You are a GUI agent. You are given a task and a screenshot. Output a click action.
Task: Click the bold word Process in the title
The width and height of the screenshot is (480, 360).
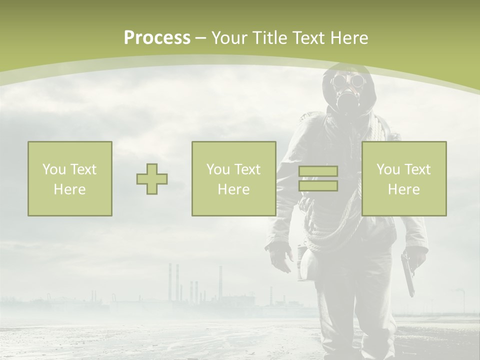click(x=157, y=38)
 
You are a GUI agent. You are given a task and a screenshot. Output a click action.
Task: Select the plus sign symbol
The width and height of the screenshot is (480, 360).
click(x=152, y=179)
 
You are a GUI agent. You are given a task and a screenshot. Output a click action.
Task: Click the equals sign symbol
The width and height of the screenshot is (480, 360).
click(x=318, y=178)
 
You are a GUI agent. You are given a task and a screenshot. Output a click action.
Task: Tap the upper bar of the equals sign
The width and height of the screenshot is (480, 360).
click(x=318, y=171)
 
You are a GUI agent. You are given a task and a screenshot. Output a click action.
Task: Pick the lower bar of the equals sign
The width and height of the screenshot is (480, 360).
click(x=318, y=185)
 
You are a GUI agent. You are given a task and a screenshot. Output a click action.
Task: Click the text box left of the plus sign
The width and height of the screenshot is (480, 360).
click(x=70, y=179)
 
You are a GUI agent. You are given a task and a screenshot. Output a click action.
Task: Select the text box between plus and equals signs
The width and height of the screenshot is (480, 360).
click(x=234, y=179)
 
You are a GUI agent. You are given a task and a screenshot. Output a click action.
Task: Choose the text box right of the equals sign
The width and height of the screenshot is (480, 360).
click(x=404, y=179)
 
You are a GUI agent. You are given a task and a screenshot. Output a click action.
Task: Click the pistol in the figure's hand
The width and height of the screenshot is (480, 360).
click(x=408, y=272)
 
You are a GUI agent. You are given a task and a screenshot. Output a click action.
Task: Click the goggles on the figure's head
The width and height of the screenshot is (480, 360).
click(x=346, y=80)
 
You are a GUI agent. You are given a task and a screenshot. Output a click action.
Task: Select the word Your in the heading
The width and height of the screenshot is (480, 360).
click(x=228, y=38)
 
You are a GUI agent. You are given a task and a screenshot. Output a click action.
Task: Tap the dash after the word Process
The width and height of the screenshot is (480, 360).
click(x=200, y=38)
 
